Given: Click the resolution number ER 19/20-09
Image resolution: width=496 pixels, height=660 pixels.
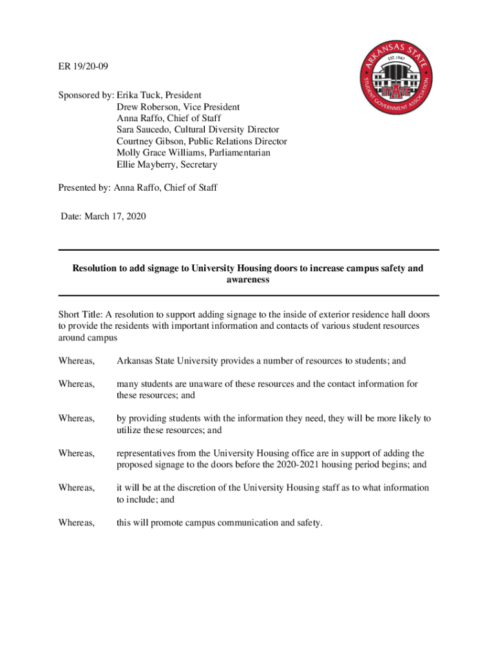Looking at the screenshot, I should pos(81,66).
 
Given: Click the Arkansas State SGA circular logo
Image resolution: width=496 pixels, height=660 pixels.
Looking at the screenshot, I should pos(396,90).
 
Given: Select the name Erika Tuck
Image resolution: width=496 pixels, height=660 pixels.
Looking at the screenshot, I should pos(139,95).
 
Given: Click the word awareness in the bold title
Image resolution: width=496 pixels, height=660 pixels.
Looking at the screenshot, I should pos(248,280).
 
